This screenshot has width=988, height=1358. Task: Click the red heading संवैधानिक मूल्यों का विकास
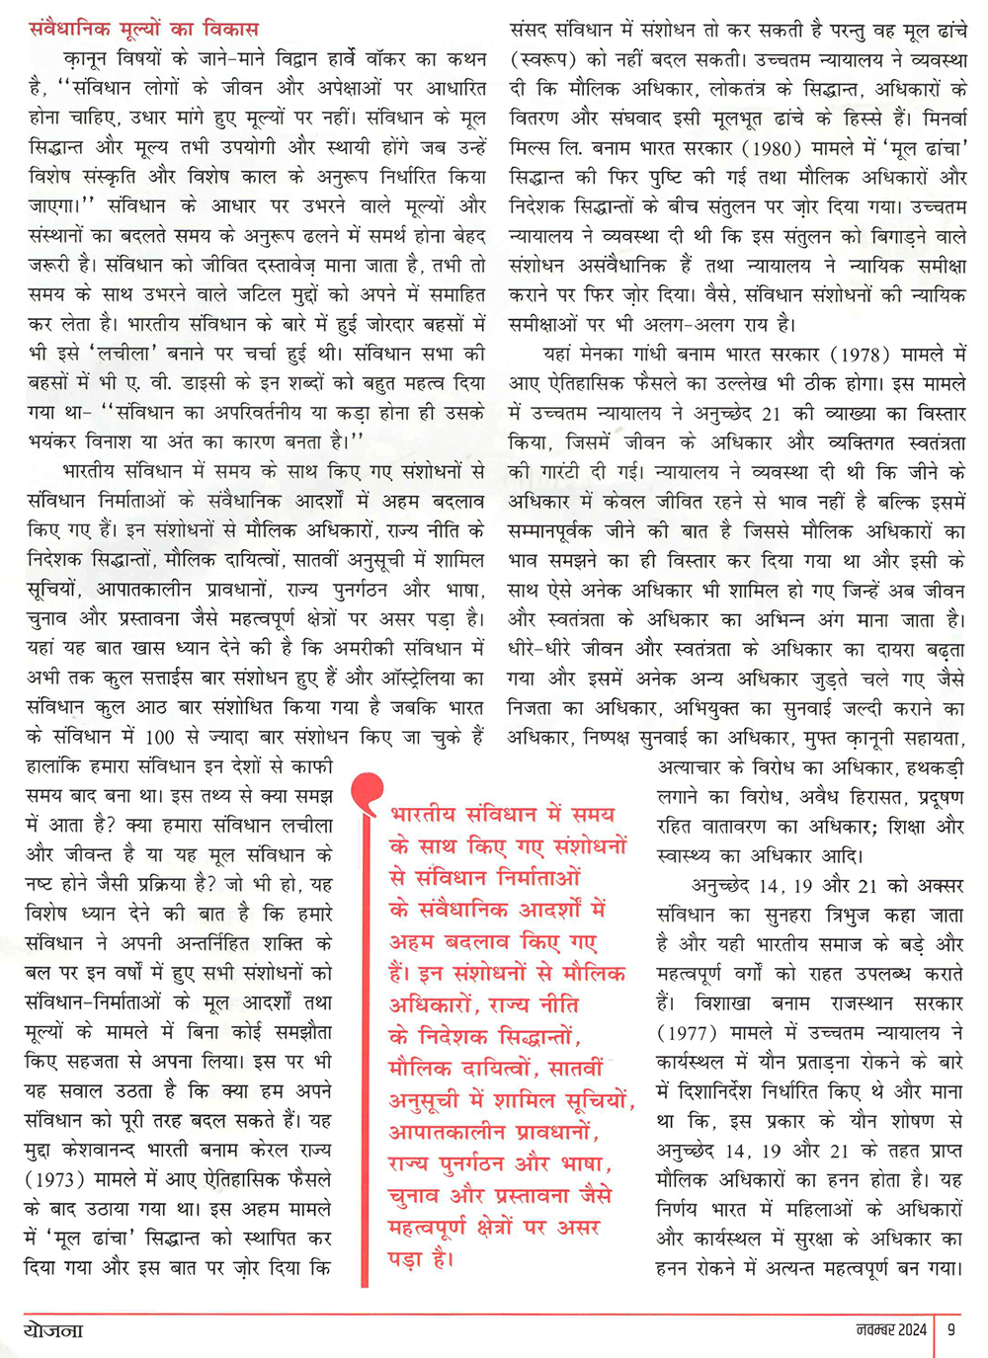coord(143,29)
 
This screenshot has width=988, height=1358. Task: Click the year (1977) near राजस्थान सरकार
coord(687,1033)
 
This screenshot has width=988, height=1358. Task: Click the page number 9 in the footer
coord(950,1329)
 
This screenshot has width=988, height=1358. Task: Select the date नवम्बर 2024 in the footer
coord(891,1329)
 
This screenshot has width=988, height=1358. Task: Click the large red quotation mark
coord(367,791)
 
